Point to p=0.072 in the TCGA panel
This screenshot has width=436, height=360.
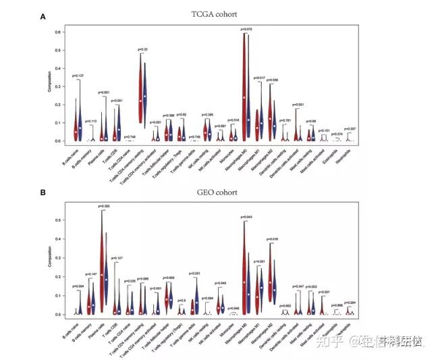pyautogui.click(x=248, y=29)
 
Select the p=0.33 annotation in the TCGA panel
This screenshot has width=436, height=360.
pyautogui.click(x=143, y=49)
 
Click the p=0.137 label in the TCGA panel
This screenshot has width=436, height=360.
pyautogui.click(x=78, y=76)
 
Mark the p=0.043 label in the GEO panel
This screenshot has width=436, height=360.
pyautogui.click(x=248, y=216)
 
